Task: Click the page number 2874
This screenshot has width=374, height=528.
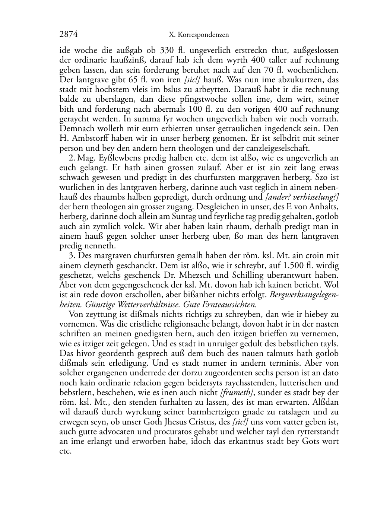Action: pyautogui.click(x=69, y=35)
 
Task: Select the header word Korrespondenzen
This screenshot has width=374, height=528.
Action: pyautogui.click(x=203, y=35)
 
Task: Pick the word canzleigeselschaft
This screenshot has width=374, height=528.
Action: pyautogui.click(x=266, y=148)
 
